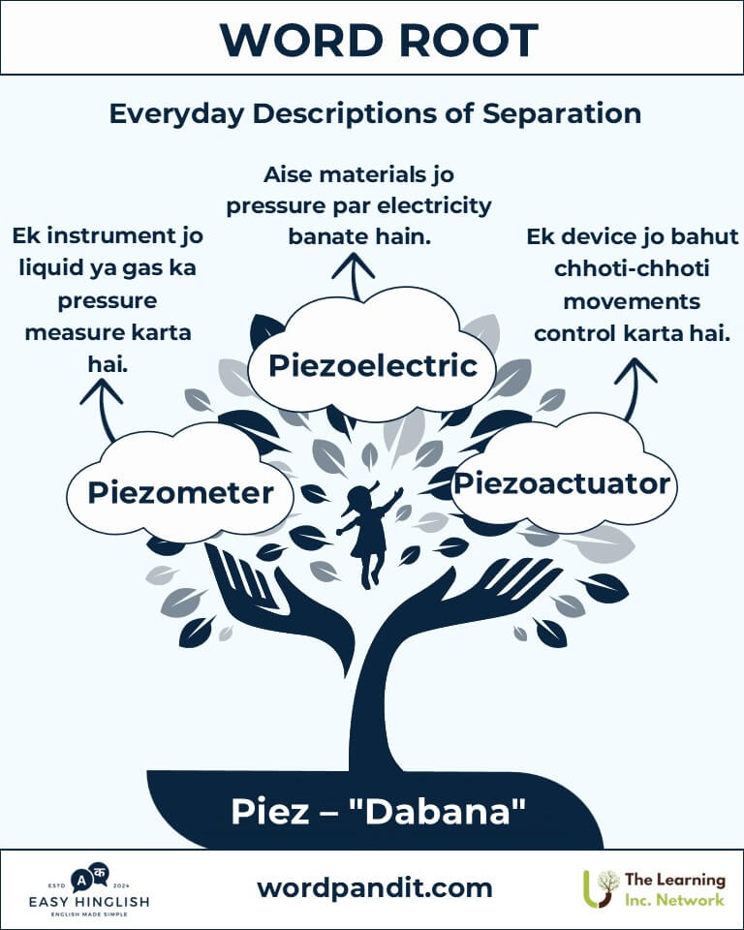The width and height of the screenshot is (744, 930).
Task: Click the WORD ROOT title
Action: point(379,41)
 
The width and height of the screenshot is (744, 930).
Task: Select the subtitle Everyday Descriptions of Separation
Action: point(375,113)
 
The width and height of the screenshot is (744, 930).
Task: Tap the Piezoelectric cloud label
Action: point(373,365)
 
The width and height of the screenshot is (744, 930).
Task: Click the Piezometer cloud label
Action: point(180,493)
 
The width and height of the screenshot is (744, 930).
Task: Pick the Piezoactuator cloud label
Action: point(562,483)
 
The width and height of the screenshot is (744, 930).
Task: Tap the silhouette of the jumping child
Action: point(368,534)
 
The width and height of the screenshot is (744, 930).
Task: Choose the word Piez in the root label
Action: point(270,812)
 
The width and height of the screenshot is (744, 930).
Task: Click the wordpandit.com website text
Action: point(374,888)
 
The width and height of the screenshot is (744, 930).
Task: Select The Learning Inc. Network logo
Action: point(654,889)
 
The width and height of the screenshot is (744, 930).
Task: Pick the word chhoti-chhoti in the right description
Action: point(632,268)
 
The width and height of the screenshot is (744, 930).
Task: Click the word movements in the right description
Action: point(632,301)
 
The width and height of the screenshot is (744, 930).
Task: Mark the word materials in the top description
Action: point(372,175)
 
